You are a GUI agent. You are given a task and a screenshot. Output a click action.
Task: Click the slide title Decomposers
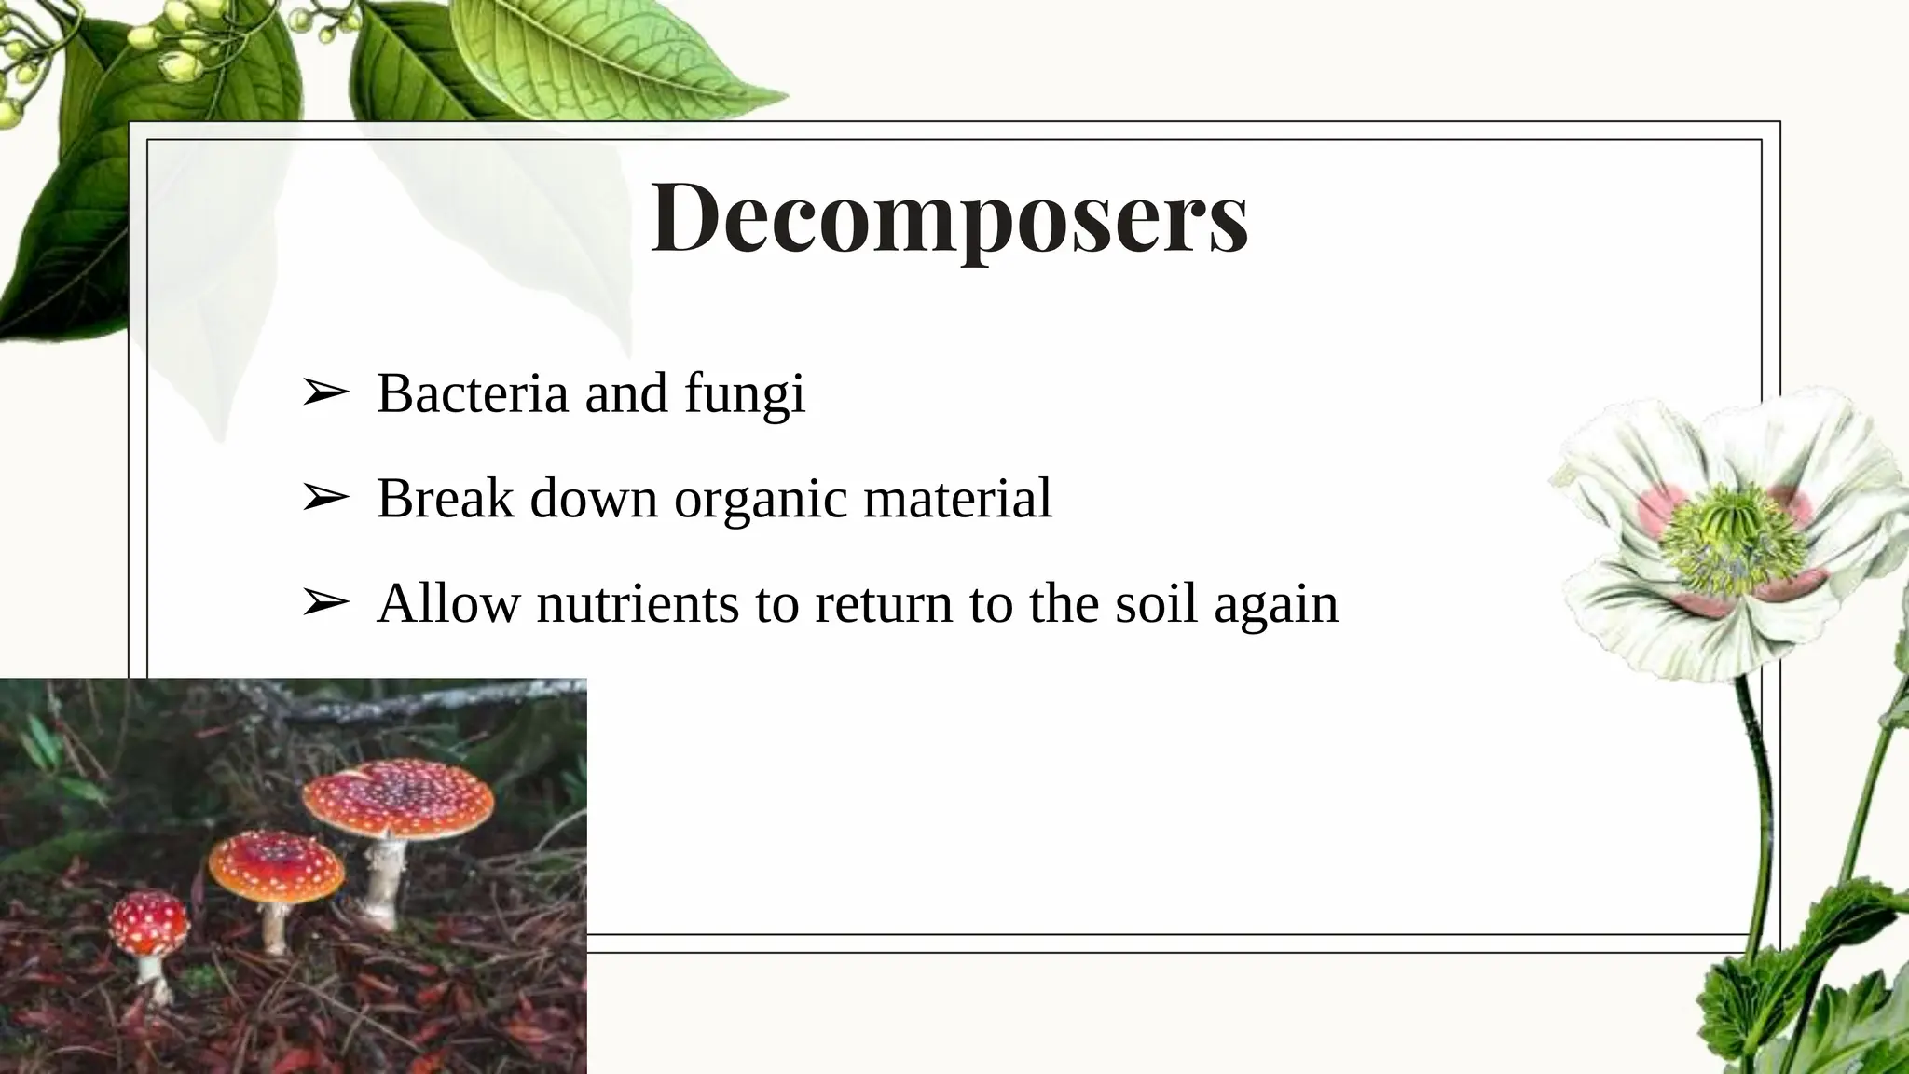point(949,216)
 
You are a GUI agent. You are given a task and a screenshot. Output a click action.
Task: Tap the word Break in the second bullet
point(446,498)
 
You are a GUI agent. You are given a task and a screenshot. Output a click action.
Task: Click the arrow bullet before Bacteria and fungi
point(324,393)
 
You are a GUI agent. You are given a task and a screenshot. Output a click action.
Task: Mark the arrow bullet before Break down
point(324,499)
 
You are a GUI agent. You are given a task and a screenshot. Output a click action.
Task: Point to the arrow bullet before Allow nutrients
point(324,604)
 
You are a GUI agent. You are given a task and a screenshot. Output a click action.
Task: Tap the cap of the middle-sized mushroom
point(276,864)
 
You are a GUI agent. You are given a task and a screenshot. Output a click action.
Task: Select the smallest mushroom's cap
point(149,921)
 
